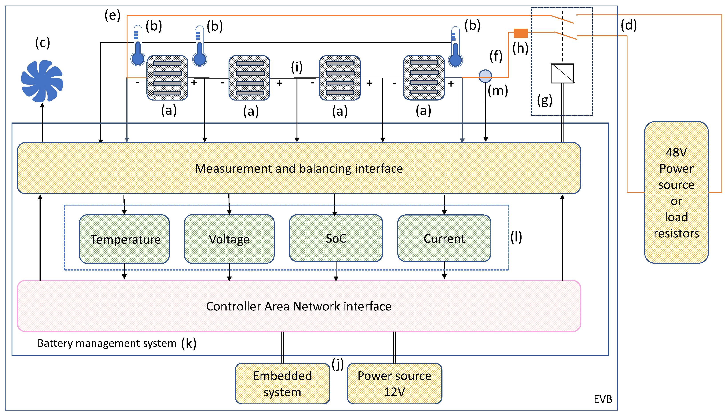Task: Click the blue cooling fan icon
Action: [x=42, y=81]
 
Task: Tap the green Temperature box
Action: [x=124, y=239]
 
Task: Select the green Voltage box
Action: [x=229, y=239]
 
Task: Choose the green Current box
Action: [x=444, y=238]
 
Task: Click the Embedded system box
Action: [x=282, y=383]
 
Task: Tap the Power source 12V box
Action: [x=394, y=383]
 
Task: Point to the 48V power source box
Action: [x=676, y=192]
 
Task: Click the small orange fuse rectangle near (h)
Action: [x=520, y=33]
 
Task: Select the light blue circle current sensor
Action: [x=485, y=76]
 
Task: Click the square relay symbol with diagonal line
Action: [x=562, y=73]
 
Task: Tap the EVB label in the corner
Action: [x=603, y=399]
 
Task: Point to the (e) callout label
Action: [x=112, y=15]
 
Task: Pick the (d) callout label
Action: [x=629, y=25]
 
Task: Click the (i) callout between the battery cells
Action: [x=297, y=67]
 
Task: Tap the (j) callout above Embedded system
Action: [x=338, y=364]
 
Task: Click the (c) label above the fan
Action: [x=42, y=43]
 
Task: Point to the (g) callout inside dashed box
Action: [x=544, y=100]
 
